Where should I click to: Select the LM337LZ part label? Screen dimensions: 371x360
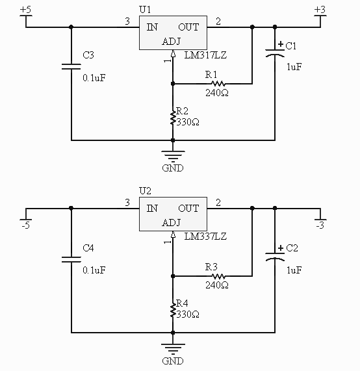(x=205, y=237)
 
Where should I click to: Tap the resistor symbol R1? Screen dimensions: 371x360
(x=218, y=83)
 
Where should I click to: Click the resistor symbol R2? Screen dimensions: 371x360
(x=173, y=118)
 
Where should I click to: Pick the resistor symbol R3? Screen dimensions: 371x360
(x=218, y=276)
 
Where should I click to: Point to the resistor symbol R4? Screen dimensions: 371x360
(x=173, y=311)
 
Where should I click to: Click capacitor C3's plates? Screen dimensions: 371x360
(x=71, y=66)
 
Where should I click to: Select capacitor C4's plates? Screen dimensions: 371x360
(x=71, y=259)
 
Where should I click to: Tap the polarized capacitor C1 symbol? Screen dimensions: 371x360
(x=276, y=56)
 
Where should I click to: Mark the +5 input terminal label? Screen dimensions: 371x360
(x=25, y=10)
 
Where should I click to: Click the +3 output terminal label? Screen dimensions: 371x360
(x=319, y=10)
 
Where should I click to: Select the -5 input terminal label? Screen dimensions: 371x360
(x=25, y=226)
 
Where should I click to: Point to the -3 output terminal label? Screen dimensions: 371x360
(x=319, y=226)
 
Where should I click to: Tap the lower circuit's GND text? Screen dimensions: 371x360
(x=173, y=361)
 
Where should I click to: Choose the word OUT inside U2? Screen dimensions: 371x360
(x=188, y=209)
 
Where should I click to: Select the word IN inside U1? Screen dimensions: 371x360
(x=152, y=27)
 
